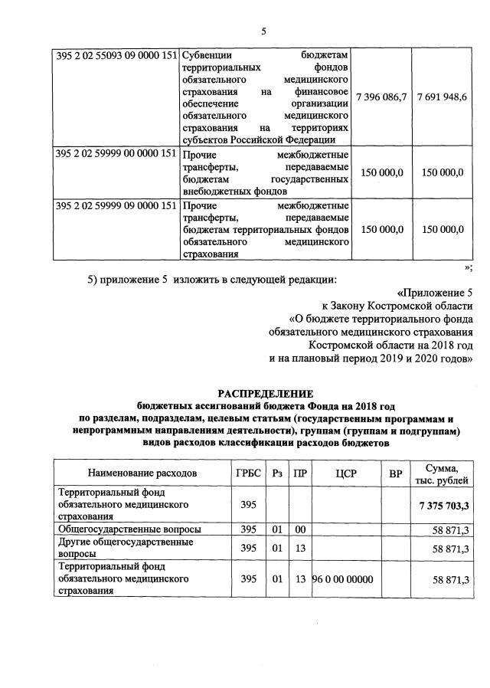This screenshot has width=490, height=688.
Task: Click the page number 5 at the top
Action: [x=263, y=31]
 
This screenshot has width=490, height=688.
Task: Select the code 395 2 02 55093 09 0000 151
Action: [x=115, y=56]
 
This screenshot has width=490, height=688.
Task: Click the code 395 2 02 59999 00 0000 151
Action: [x=115, y=153]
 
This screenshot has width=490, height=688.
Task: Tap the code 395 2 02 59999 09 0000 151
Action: [x=115, y=206]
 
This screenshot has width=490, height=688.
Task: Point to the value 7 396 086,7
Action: [x=384, y=97]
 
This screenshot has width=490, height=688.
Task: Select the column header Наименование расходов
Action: [x=142, y=473]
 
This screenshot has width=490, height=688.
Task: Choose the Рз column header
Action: [x=277, y=473]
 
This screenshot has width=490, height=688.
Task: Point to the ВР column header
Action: [x=395, y=473]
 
